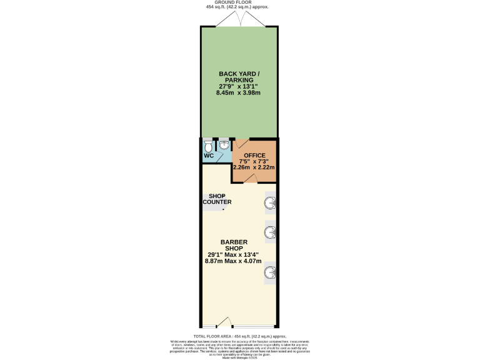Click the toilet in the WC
click(x=208, y=145)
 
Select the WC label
click(x=209, y=156)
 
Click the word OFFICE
click(x=254, y=154)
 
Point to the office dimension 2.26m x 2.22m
click(x=254, y=167)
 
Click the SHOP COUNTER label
click(x=216, y=199)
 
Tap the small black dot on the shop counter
click(x=223, y=210)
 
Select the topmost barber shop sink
click(x=270, y=202)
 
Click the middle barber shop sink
click(x=270, y=232)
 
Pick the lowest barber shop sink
click(x=270, y=272)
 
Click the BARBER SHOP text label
click(x=234, y=245)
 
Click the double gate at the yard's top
click(x=240, y=20)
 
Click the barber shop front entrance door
click(x=224, y=323)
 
